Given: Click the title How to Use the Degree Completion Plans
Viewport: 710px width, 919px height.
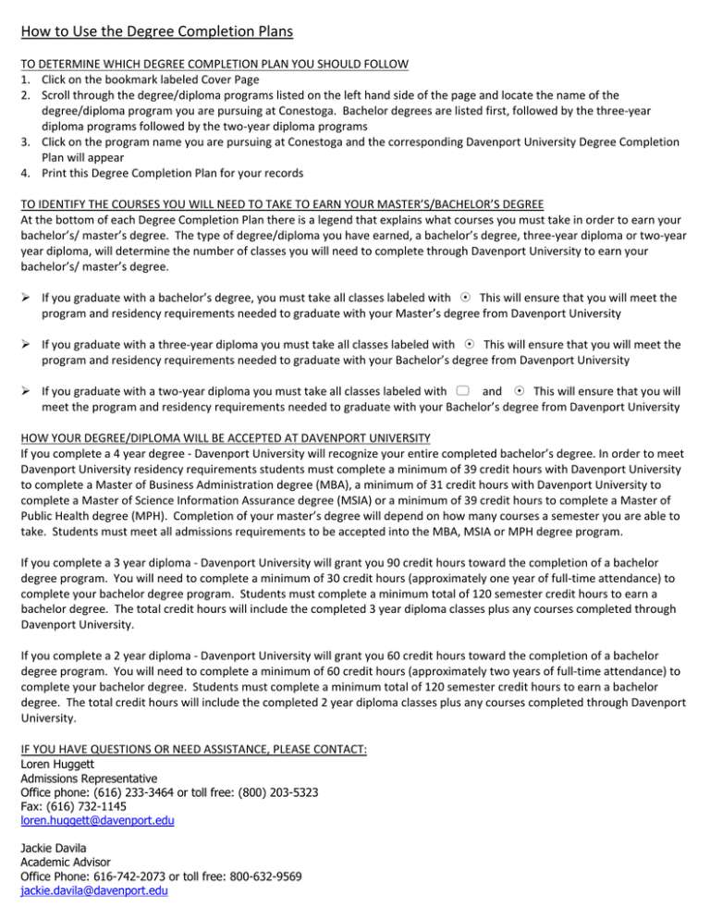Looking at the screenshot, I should (154, 33).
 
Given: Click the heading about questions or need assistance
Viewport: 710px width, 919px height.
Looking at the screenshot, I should (193, 750).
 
